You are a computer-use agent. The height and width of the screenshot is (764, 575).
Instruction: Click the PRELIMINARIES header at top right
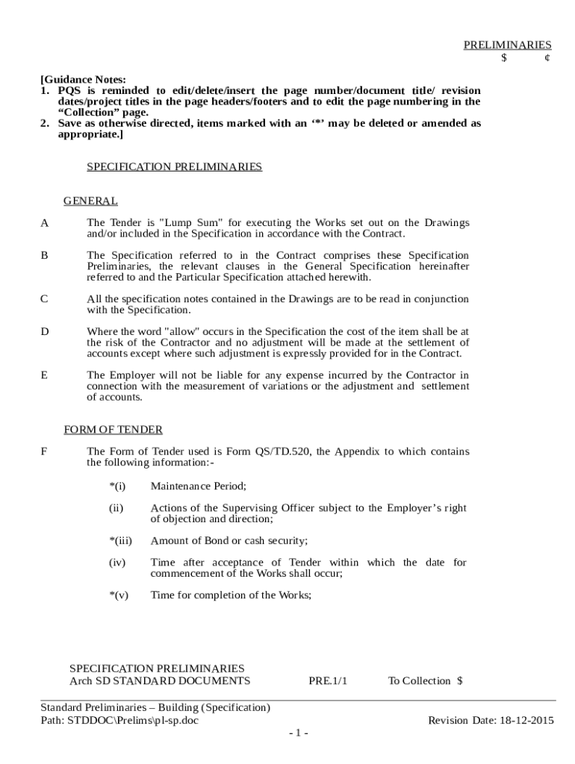coord(507,45)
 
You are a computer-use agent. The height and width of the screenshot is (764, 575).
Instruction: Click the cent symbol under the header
coord(547,57)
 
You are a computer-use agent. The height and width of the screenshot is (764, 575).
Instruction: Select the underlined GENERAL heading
coord(90,201)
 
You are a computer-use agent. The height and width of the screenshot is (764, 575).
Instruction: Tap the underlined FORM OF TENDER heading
coord(113,430)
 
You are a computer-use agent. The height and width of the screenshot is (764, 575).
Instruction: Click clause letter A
coord(44,223)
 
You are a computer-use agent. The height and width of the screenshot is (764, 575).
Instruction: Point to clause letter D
coord(45,331)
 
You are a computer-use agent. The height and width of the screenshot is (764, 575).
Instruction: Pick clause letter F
coord(44,451)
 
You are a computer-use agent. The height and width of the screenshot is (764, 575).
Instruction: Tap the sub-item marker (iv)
coord(117,563)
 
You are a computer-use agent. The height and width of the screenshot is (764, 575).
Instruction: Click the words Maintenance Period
coord(198,486)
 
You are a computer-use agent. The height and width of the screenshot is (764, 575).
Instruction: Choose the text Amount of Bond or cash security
coord(229,541)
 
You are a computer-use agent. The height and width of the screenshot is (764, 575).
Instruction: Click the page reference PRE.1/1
coord(328,680)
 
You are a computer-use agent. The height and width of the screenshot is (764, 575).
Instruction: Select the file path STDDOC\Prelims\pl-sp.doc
coord(132,720)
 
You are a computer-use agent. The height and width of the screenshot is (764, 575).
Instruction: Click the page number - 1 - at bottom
coord(299,733)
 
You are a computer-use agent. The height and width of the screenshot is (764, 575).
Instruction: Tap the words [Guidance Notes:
coord(83,80)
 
